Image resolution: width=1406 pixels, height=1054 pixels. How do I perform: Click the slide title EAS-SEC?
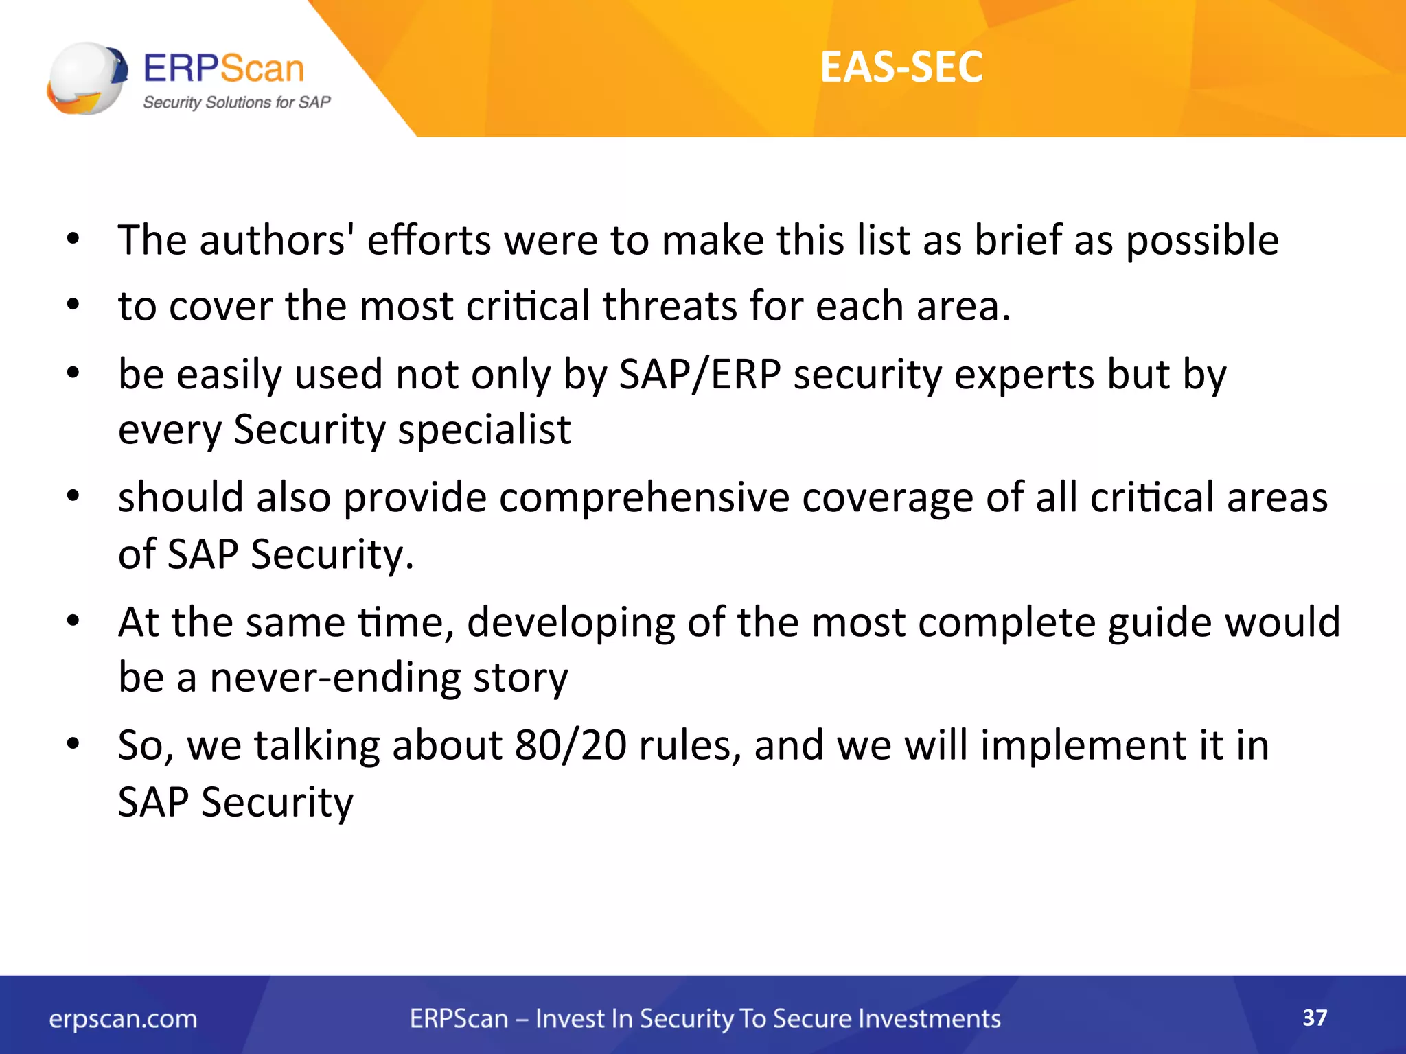[901, 67]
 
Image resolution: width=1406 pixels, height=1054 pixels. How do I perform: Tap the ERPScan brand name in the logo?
[224, 69]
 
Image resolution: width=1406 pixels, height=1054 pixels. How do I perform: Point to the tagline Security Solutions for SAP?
[236, 103]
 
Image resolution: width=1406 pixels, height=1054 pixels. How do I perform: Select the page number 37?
[1315, 1017]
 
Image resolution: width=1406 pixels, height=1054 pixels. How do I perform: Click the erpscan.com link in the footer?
[123, 1019]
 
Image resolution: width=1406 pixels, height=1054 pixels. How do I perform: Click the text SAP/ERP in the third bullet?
[700, 375]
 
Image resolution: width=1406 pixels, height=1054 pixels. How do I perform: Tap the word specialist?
[484, 430]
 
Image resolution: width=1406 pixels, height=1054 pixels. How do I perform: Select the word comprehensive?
[645, 497]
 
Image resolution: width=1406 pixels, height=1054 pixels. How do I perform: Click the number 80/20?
[571, 745]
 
